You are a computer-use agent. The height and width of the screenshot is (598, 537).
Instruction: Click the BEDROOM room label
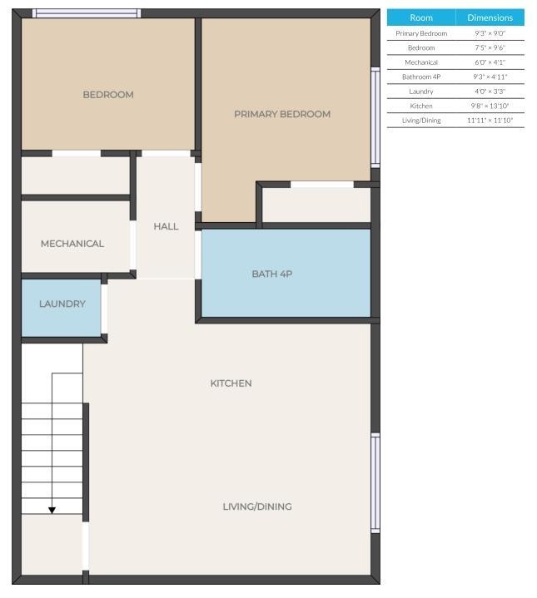[108, 95]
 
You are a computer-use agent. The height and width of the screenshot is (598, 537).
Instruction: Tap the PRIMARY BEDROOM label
[282, 114]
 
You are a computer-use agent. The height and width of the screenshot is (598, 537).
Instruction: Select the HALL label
[166, 226]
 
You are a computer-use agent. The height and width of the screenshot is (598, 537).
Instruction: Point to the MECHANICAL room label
[72, 244]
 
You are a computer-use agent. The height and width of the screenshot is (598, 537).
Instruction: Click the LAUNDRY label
[62, 304]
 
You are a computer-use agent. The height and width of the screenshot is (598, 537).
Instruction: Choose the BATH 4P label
[272, 274]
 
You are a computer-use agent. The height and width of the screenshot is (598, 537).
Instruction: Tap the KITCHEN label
[231, 383]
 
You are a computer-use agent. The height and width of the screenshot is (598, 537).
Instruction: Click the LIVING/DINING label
[257, 507]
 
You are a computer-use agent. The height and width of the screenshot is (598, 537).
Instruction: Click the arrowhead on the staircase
[52, 511]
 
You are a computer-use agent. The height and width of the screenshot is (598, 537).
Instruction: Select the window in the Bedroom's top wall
[87, 13]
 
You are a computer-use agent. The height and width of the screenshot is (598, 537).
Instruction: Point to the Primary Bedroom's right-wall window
[375, 117]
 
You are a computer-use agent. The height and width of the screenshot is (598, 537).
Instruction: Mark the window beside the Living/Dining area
[375, 483]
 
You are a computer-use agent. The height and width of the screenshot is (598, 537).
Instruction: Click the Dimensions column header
[490, 17]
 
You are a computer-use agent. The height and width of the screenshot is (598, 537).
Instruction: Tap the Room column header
[421, 17]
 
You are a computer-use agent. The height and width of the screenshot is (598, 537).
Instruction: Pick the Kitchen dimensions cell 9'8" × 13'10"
[490, 106]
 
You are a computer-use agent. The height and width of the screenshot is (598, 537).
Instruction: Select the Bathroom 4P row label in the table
[421, 77]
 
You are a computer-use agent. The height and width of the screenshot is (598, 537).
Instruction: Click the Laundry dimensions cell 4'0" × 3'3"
[490, 91]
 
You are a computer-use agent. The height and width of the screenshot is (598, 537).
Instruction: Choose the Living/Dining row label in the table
[421, 121]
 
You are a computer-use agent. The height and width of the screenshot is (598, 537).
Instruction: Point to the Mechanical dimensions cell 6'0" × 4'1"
[490, 62]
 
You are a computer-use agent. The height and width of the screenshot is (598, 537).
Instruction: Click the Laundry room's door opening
[104, 309]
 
